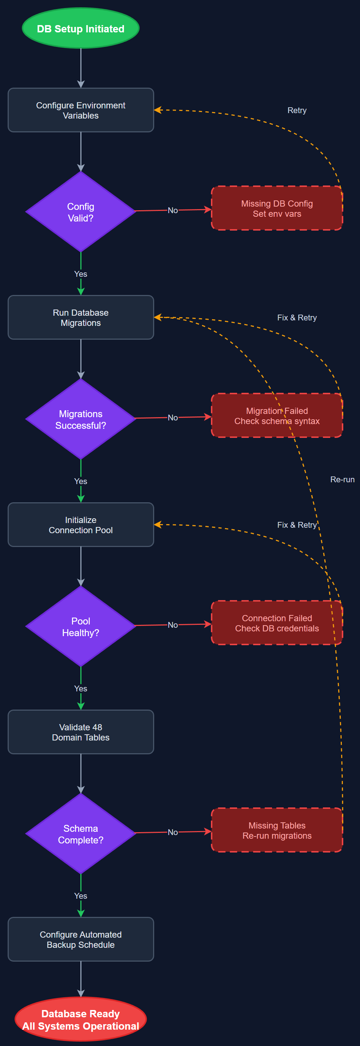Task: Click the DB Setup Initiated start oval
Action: (x=80, y=28)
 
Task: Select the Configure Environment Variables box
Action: (x=80, y=110)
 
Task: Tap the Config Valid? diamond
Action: (x=80, y=212)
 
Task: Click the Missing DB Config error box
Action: (x=277, y=208)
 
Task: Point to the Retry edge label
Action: (x=297, y=111)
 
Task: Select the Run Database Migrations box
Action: (x=80, y=318)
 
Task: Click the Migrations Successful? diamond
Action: (x=80, y=419)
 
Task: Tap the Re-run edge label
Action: (x=342, y=480)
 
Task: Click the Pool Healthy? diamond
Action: (x=80, y=627)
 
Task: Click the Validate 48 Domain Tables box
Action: (x=80, y=732)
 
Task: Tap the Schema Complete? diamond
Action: (x=80, y=834)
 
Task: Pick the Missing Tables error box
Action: (x=277, y=830)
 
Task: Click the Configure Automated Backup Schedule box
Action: (x=80, y=939)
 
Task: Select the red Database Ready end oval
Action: (x=80, y=1019)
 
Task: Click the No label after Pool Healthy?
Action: (x=172, y=625)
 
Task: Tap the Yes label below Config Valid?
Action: (x=80, y=274)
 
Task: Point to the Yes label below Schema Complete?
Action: (x=80, y=896)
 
